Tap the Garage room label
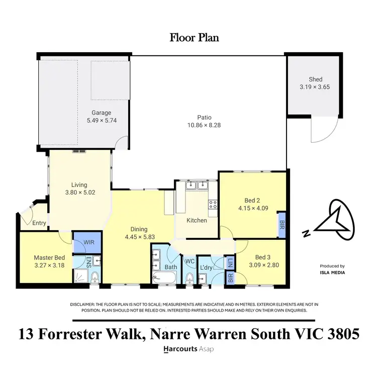point(101,113)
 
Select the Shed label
point(316,79)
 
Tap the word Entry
point(39,223)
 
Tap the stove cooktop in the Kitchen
point(213,204)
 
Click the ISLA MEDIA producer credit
point(332,273)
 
